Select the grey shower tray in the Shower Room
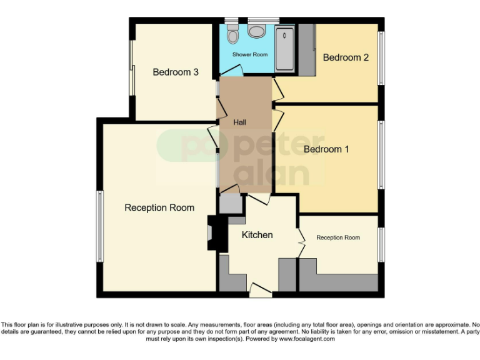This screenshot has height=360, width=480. [x=285, y=48]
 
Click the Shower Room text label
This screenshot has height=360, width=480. [x=250, y=55]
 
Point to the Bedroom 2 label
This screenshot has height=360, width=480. [x=346, y=57]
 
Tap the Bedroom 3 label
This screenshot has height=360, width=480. [x=176, y=72]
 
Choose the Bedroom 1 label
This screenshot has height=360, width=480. [x=326, y=149]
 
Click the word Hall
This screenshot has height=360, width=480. [x=240, y=122]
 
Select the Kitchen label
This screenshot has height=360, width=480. [x=257, y=235]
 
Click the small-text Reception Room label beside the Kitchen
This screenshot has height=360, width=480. [x=338, y=237]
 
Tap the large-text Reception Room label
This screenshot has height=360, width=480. [x=159, y=207]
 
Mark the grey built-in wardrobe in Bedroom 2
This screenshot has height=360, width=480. [x=306, y=48]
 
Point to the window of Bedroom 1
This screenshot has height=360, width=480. [x=381, y=154]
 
